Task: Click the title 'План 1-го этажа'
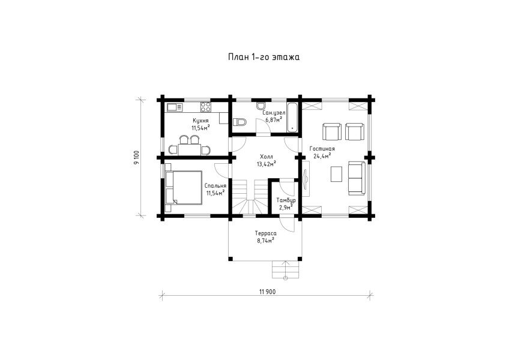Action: point(264,58)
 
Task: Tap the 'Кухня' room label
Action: point(200,121)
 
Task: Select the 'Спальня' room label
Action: point(215,186)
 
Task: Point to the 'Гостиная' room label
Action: point(322,149)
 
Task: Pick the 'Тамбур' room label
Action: point(286,200)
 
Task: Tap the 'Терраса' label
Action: point(265,233)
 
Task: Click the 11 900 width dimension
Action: point(267,292)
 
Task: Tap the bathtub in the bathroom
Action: point(292,118)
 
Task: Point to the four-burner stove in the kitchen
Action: point(205,107)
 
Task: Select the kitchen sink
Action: point(174,107)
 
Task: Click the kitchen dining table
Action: point(189,149)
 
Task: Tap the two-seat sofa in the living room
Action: point(357,178)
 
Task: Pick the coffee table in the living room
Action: point(336,173)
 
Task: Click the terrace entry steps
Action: point(286,269)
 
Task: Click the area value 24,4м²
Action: point(322,156)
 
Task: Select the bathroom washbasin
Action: point(261,106)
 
